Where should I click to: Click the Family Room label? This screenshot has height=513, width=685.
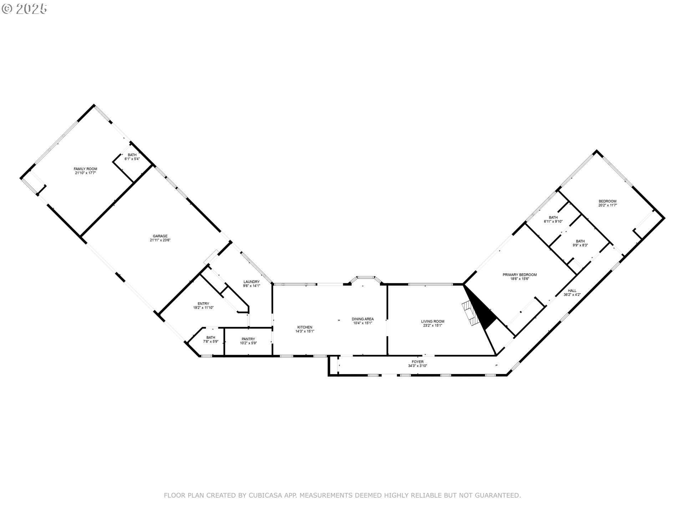pyautogui.click(x=85, y=169)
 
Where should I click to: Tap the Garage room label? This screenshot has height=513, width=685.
pyautogui.click(x=160, y=236)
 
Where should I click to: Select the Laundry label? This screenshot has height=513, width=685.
pyautogui.click(x=252, y=282)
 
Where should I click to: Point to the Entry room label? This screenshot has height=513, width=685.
pyautogui.click(x=203, y=304)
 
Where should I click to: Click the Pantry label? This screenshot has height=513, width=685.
pyautogui.click(x=248, y=339)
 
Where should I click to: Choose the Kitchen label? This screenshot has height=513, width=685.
pyautogui.click(x=305, y=327)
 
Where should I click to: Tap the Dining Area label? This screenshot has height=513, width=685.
pyautogui.click(x=362, y=319)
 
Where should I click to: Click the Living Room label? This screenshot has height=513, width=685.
pyautogui.click(x=432, y=321)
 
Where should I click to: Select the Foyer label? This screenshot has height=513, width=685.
pyautogui.click(x=417, y=362)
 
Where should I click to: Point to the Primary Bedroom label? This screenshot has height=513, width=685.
pyautogui.click(x=519, y=275)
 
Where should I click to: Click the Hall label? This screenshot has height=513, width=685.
pyautogui.click(x=572, y=291)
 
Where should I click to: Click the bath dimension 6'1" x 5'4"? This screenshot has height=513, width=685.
pyautogui.click(x=132, y=159)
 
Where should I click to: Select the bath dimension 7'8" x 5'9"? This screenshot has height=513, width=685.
pyautogui.click(x=210, y=341)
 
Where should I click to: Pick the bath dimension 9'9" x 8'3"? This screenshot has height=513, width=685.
pyautogui.click(x=580, y=245)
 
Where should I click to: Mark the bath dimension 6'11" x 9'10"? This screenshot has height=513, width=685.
pyautogui.click(x=553, y=222)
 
